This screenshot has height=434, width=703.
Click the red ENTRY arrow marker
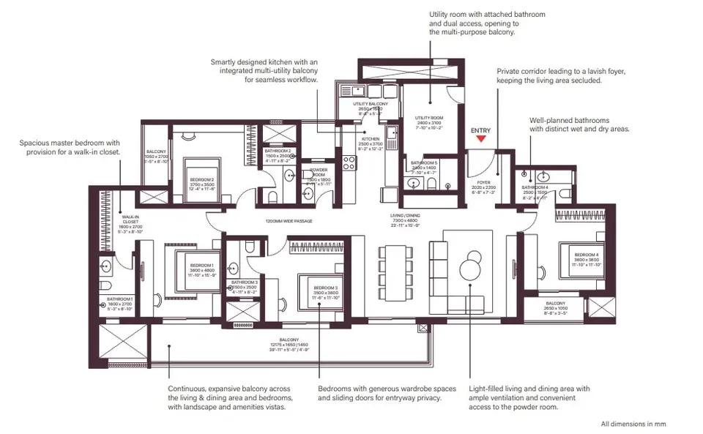click(x=480, y=139)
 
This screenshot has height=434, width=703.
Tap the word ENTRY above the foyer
click(x=480, y=130)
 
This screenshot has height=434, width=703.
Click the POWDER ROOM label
click(x=319, y=174)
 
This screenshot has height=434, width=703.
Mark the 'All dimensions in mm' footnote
click(x=633, y=424)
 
